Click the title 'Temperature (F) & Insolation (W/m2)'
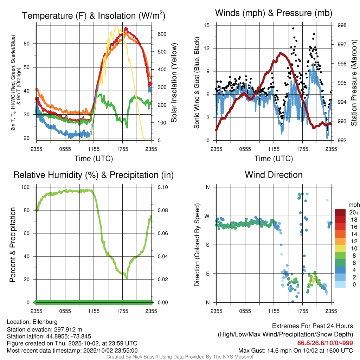[x=94, y=16]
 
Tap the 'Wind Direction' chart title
[x=274, y=175]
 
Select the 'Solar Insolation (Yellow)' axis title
[x=174, y=83]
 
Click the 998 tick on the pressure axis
[x=342, y=25]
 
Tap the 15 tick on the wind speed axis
[x=207, y=25]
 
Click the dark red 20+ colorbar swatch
[x=340, y=212]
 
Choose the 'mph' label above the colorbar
[x=353, y=205]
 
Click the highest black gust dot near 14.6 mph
[x=293, y=28]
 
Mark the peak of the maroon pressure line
[x=281, y=53]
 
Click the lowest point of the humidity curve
[x=127, y=278]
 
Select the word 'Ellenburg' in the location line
[x=45, y=322]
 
